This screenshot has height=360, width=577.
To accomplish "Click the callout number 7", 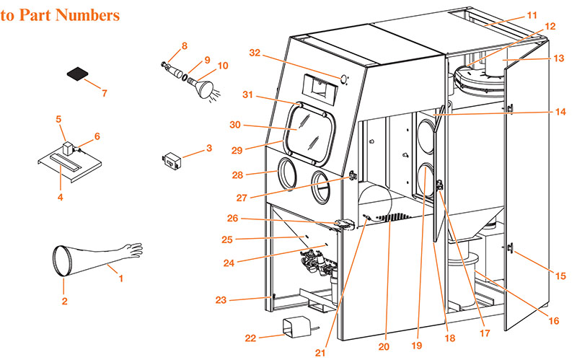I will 105,93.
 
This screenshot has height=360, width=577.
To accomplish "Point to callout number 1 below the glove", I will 121,278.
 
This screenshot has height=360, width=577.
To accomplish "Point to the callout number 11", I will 552,14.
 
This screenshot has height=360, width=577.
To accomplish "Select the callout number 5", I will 59,119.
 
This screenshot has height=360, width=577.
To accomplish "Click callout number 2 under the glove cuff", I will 63,301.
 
